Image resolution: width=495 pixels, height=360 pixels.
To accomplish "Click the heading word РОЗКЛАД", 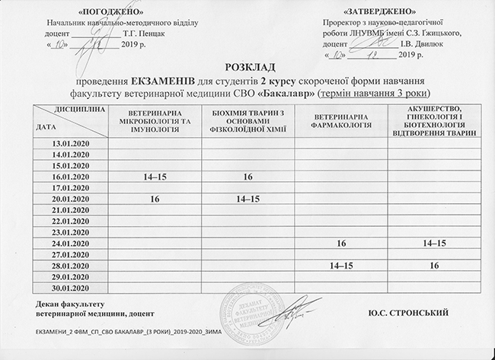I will [247, 68].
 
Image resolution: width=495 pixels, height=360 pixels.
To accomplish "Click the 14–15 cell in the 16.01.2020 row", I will [155, 177].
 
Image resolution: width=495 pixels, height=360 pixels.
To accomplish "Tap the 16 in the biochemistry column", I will [247, 177].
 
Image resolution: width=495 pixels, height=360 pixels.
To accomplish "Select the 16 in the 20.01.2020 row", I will [155, 199].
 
